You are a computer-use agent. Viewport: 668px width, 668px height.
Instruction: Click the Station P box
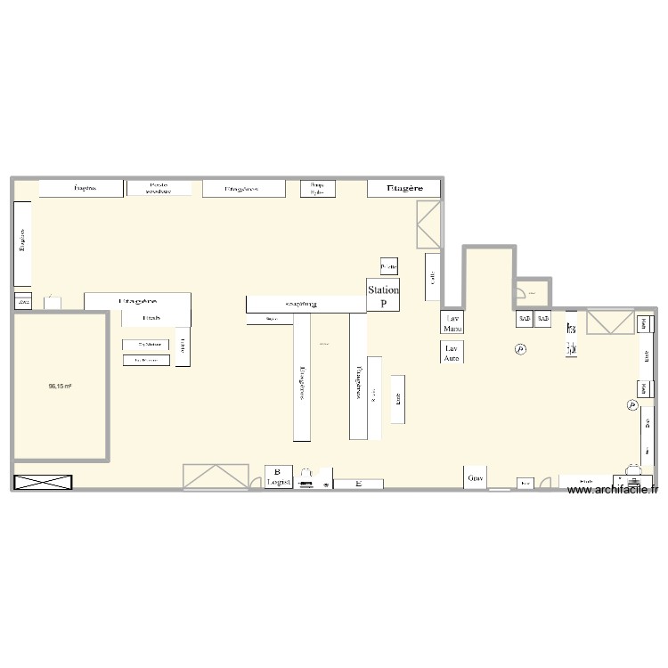[x=384, y=295]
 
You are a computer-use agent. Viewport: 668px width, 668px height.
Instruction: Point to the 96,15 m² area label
[x=61, y=387]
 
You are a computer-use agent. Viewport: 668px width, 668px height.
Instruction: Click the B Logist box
[x=278, y=477]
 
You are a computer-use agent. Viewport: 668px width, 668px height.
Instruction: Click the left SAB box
[x=524, y=318]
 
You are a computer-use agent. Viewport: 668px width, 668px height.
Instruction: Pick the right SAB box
[x=543, y=318]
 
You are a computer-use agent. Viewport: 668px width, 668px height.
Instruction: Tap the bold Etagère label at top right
[x=404, y=189]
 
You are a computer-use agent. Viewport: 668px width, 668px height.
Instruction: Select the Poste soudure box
[x=159, y=188]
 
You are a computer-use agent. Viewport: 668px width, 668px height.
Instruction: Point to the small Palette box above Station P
[x=388, y=266]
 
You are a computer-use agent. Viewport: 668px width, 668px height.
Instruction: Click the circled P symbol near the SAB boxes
[x=521, y=350]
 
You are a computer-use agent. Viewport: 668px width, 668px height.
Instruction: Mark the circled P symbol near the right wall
[x=631, y=405]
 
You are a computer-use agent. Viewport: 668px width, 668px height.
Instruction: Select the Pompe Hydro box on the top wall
[x=316, y=188]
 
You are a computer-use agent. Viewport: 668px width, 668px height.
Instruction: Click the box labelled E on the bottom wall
[x=358, y=484]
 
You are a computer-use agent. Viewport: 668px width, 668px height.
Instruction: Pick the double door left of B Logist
[x=216, y=477]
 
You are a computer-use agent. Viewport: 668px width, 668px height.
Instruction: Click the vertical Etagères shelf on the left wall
[x=22, y=243]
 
